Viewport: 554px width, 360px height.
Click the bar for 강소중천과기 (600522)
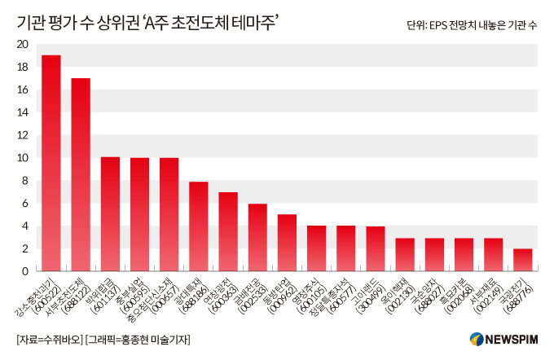(51, 163)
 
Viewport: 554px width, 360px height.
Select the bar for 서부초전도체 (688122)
(81, 174)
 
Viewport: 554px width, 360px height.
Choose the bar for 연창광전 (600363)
(228, 231)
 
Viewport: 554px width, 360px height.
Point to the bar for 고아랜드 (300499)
(376, 248)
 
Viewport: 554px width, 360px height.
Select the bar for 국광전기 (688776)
(523, 260)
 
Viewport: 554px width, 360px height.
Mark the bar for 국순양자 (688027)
(434, 254)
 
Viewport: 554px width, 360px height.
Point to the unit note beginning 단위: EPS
(472, 25)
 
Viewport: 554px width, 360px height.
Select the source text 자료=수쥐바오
(49, 339)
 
